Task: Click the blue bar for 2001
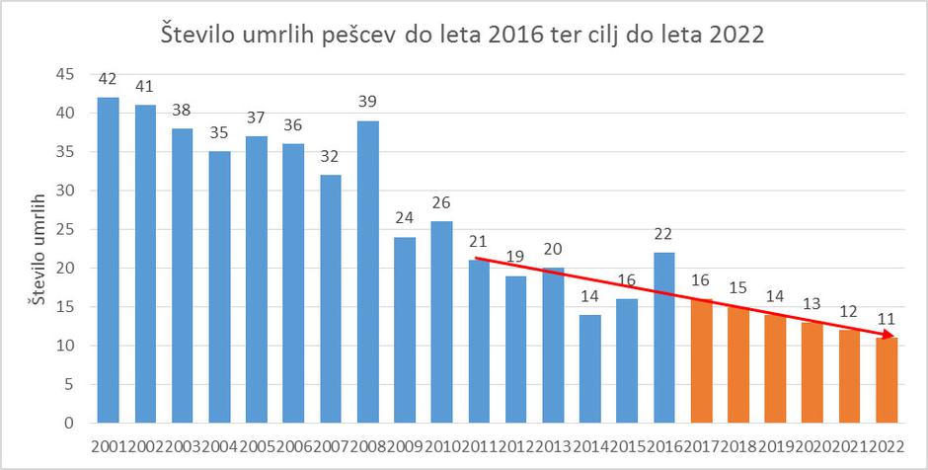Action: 108,261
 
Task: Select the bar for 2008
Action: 367,273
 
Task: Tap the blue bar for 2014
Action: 589,369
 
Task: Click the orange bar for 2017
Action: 701,361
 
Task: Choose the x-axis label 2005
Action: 256,445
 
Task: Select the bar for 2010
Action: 441,323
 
